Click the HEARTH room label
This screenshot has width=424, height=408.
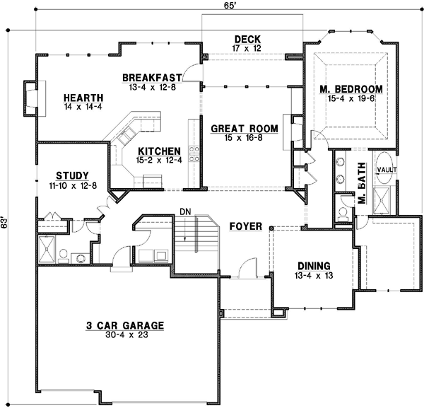click(x=83, y=98)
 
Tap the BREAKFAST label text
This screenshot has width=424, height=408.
click(x=152, y=77)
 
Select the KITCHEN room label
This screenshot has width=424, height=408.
click(x=158, y=151)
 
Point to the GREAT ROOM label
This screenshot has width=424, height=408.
click(x=245, y=129)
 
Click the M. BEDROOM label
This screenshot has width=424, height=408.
click(x=351, y=89)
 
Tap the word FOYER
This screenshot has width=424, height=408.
click(x=246, y=226)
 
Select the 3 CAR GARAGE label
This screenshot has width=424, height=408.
click(x=125, y=325)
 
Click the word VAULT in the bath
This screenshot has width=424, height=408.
click(x=386, y=170)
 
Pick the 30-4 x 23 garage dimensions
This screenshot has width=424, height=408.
click(x=125, y=336)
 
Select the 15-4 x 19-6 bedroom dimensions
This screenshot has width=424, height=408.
click(x=351, y=100)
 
